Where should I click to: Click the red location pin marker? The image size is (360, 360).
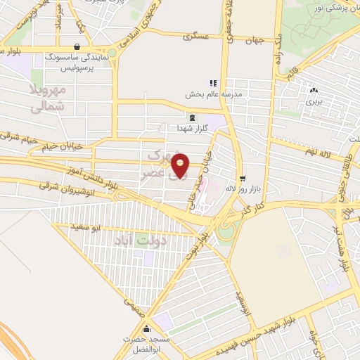pyautogui.click(x=181, y=165)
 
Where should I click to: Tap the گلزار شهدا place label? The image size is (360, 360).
pyautogui.click(x=192, y=129)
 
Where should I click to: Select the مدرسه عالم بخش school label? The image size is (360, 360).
pyautogui.click(x=213, y=94)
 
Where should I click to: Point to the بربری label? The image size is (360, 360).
pyautogui.click(x=312, y=102)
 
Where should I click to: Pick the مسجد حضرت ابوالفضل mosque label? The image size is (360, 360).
pyautogui.click(x=146, y=343)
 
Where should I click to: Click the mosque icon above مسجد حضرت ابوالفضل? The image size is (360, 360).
pyautogui.click(x=146, y=329)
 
